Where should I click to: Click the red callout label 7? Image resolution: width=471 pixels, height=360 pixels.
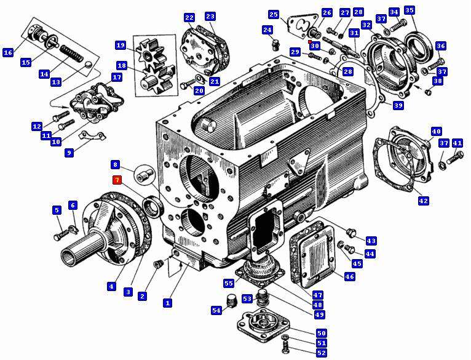coord(117,180)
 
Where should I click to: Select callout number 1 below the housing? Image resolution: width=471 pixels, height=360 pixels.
coord(167,303)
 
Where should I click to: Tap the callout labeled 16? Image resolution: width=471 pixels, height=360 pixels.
coord(8,53)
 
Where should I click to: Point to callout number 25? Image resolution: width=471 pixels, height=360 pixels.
coord(274,14)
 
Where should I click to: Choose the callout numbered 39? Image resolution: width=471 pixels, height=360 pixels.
coord(398,106)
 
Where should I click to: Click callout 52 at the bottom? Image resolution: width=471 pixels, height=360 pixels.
coord(322,353)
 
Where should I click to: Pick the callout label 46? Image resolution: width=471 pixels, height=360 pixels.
coord(349,276)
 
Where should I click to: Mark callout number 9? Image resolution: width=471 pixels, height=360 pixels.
coord(69,153)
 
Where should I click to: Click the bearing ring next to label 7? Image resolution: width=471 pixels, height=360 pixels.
coord(152,205)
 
